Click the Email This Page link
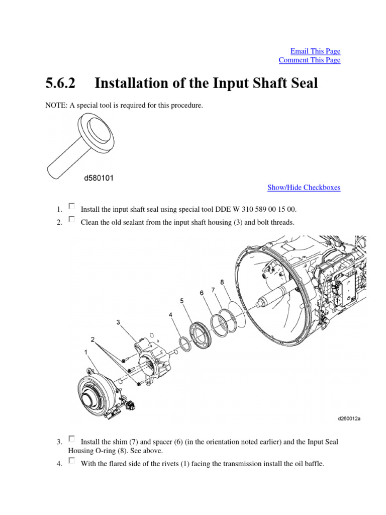pyautogui.click(x=315, y=51)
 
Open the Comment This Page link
pyautogui.click(x=309, y=60)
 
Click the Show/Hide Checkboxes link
pyautogui.click(x=304, y=188)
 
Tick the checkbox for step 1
pyautogui.click(x=71, y=206)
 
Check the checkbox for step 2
pyautogui.click(x=71, y=219)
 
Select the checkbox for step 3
pyautogui.click(x=71, y=439)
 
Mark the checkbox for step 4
pyautogui.click(x=71, y=461)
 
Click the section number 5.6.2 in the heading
pyautogui.click(x=60, y=83)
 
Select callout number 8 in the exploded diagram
pyautogui.click(x=222, y=283)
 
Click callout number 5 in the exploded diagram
pyautogui.click(x=182, y=301)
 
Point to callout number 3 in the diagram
pyautogui.click(x=118, y=322)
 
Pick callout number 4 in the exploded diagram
pyautogui.click(x=171, y=315)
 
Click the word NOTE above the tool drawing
pyautogui.click(x=56, y=106)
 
